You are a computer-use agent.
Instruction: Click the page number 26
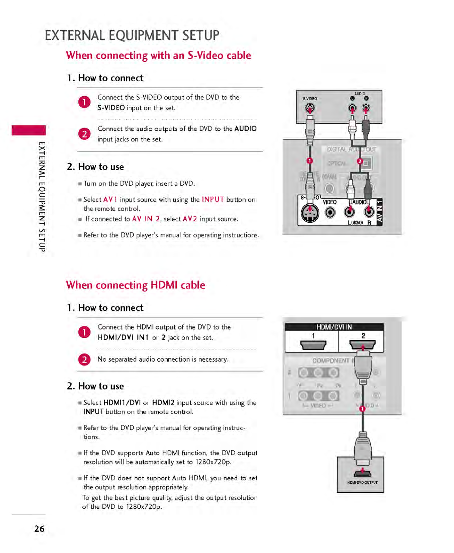39,529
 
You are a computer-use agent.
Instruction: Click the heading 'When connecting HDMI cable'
135,285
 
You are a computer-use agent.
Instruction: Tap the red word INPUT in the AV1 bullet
213,199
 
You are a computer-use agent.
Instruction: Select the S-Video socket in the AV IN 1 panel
310,213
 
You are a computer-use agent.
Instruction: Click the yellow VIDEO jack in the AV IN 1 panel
330,212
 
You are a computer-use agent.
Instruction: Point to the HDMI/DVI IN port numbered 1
313,345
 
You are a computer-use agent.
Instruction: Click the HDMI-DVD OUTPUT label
362,483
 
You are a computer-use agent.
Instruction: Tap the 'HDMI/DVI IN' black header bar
334,327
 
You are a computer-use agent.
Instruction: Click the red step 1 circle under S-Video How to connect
84,102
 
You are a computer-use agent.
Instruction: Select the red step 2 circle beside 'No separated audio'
84,359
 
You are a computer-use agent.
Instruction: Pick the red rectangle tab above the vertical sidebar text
29,130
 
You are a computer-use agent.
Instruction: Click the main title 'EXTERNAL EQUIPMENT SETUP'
132,36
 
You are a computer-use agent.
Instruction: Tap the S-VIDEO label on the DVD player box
310,99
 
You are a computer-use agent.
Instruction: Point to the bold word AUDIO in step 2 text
245,129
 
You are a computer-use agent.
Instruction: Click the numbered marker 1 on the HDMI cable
362,408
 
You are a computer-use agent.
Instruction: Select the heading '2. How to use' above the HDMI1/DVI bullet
96,386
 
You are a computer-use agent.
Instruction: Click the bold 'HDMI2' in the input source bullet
163,403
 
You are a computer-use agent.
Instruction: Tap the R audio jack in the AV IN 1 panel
369,212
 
